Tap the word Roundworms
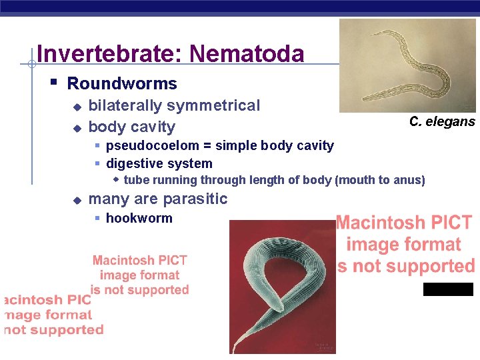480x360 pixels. point(122,84)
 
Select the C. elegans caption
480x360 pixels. point(442,121)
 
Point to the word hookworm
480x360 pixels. point(139,218)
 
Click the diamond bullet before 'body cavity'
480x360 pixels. point(77,127)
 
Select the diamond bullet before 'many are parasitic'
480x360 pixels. point(77,199)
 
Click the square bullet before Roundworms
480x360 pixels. point(54,83)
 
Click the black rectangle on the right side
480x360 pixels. point(448,289)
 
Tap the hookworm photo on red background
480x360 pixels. point(282,287)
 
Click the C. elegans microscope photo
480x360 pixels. point(407,65)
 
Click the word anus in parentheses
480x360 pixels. point(409,180)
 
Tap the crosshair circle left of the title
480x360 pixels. point(31,64)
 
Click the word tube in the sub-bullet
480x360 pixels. point(137,180)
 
